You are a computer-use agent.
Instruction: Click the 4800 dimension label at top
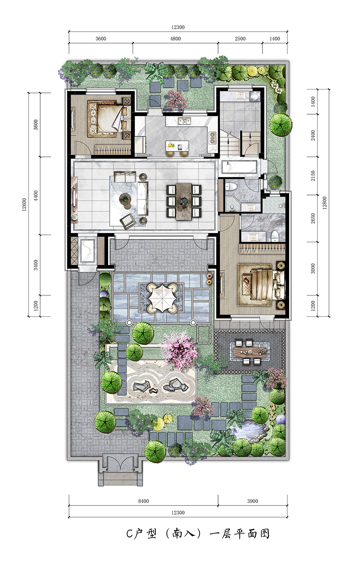pos(175,39)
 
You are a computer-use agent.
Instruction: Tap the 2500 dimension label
pos(240,39)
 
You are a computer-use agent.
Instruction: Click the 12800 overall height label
pos(324,203)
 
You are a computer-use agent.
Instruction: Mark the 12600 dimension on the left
pos(24,205)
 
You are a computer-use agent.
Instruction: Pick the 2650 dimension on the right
pos(313,218)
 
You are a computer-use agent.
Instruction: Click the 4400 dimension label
pos(36,196)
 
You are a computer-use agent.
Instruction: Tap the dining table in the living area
pos(184,201)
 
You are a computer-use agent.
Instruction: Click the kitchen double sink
pos(185,121)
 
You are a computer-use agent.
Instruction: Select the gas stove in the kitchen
pos(212,138)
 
